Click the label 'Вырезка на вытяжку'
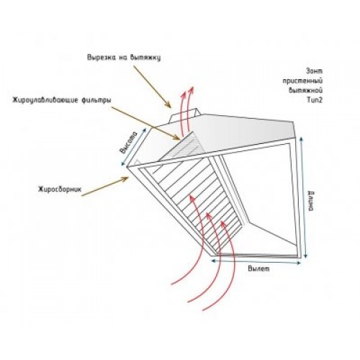point(124,58)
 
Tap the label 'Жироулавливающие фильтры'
point(62,100)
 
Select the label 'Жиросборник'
point(60,189)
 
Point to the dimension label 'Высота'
point(129,143)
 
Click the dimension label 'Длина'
point(310,201)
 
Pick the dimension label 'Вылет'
point(258,269)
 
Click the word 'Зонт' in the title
point(315,71)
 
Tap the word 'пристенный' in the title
point(302,81)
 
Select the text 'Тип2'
point(315,100)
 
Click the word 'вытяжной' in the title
point(306,91)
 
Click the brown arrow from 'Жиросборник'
point(105,186)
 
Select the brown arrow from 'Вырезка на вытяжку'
point(152,86)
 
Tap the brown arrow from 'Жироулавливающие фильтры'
point(145,123)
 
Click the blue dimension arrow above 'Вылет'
point(256,261)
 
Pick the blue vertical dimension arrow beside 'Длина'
point(303,197)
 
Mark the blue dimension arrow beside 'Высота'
point(134,147)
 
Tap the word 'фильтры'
point(96,100)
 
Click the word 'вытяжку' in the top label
point(145,58)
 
